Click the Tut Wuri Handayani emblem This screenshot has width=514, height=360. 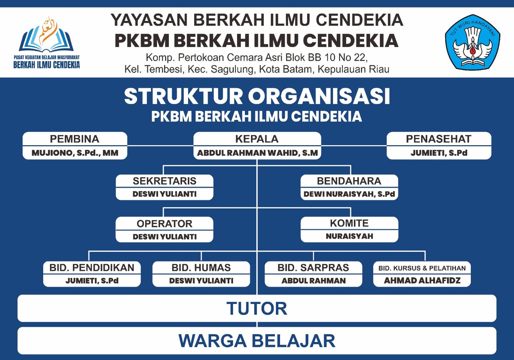[472, 42]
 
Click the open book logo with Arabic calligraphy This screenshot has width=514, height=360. [46, 36]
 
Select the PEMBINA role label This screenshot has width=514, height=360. [75, 139]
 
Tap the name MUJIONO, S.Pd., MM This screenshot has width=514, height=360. [75, 153]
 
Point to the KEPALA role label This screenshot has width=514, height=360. [257, 139]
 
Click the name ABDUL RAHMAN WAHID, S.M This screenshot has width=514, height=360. [257, 153]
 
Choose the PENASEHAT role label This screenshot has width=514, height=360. [438, 139]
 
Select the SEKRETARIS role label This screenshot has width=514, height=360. [165, 181]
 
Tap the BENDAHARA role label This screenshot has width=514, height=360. [349, 181]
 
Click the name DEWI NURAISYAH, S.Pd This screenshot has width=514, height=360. [349, 194]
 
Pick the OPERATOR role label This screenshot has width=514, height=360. [165, 224]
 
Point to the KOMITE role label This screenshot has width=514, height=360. [349, 223]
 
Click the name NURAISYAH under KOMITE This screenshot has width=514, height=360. [349, 236]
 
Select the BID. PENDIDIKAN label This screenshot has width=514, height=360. [92, 268]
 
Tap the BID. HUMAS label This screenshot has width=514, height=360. [201, 268]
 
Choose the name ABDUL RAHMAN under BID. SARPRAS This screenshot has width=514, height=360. [313, 281]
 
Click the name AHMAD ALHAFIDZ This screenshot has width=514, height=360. [422, 280]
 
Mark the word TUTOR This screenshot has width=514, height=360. [257, 309]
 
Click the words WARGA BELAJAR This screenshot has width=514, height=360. [257, 341]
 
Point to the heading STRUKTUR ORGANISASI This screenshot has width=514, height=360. [257, 96]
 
